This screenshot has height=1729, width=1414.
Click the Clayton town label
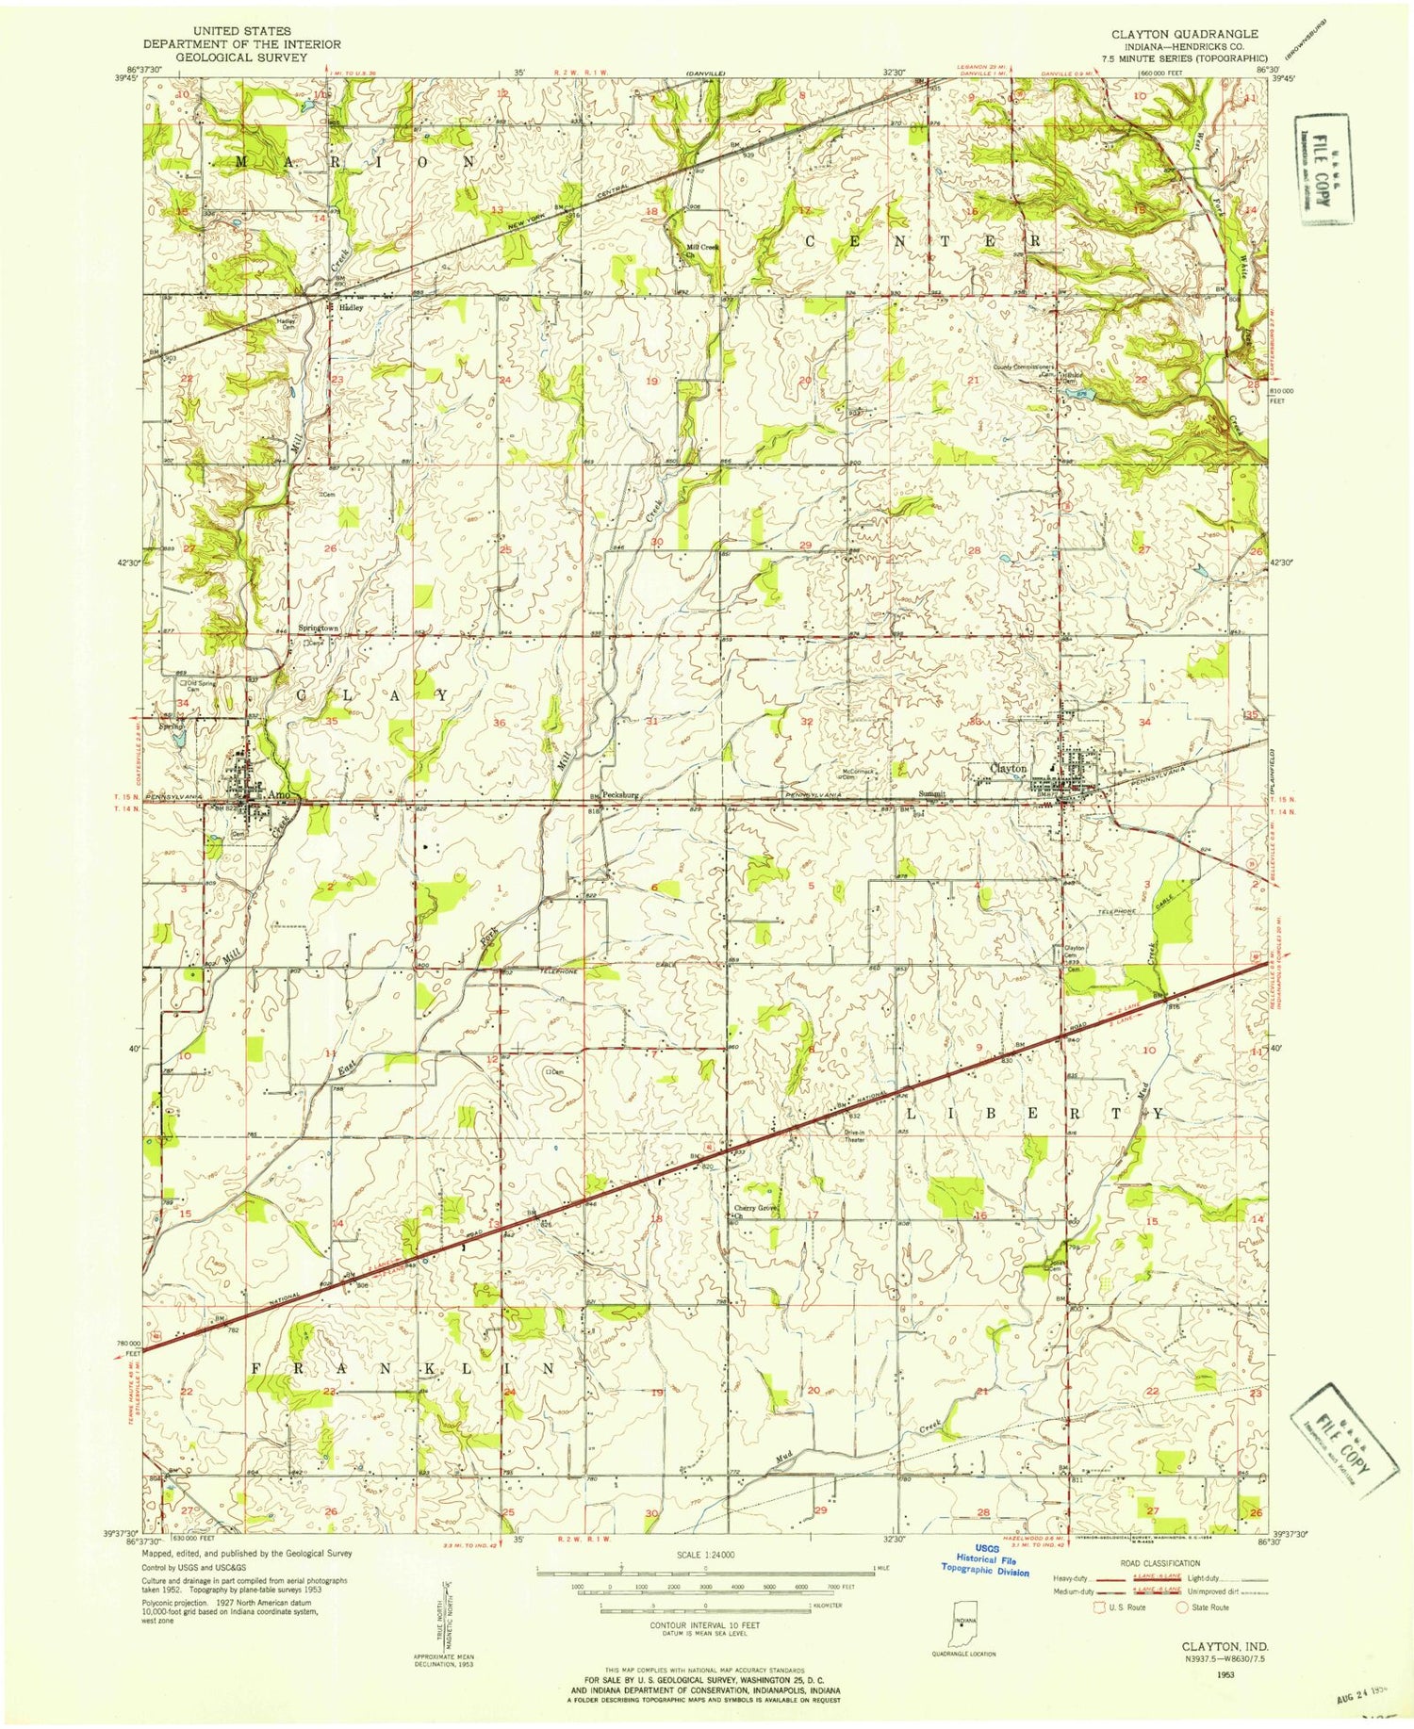pos(1009,769)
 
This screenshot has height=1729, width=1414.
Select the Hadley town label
pos(352,307)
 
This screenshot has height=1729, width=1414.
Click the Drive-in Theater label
pos(854,1135)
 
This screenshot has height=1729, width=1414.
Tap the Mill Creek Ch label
pos(701,250)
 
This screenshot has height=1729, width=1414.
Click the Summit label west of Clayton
pos(932,793)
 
